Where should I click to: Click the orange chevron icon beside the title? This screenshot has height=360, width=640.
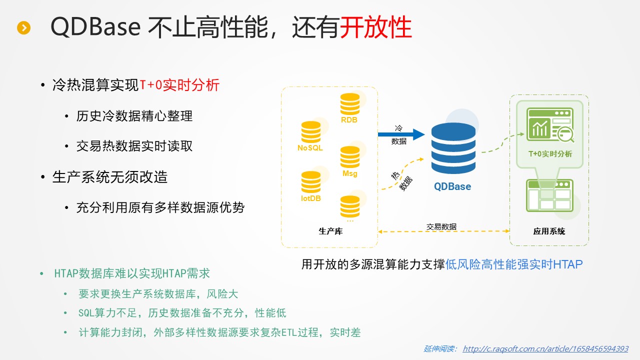coord(23,28)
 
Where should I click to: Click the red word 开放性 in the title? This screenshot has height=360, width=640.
coord(375,27)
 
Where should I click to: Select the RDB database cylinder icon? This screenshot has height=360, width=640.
coord(350,104)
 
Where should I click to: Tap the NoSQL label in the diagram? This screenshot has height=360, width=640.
coord(310,148)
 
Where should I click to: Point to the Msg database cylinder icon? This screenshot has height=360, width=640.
coord(350,157)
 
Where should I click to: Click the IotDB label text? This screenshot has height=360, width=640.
coord(310,198)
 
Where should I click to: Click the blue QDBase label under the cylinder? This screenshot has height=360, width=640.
coord(452,186)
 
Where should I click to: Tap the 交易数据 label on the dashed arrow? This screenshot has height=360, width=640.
coord(441,226)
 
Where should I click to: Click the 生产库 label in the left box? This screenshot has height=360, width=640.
coord(330,231)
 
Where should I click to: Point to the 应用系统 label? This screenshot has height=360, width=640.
coord(549,231)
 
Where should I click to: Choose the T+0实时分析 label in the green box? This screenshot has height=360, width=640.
coord(550,154)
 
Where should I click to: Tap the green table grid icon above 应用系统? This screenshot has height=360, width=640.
coord(549,195)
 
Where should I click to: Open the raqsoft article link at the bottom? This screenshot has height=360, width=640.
coord(545,349)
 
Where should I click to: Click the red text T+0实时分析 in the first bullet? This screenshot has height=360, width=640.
coord(179,85)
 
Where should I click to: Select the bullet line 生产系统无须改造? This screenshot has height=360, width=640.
coord(110,177)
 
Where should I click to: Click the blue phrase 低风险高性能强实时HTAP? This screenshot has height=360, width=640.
coord(514,264)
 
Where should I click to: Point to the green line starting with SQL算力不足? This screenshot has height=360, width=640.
coord(182,313)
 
